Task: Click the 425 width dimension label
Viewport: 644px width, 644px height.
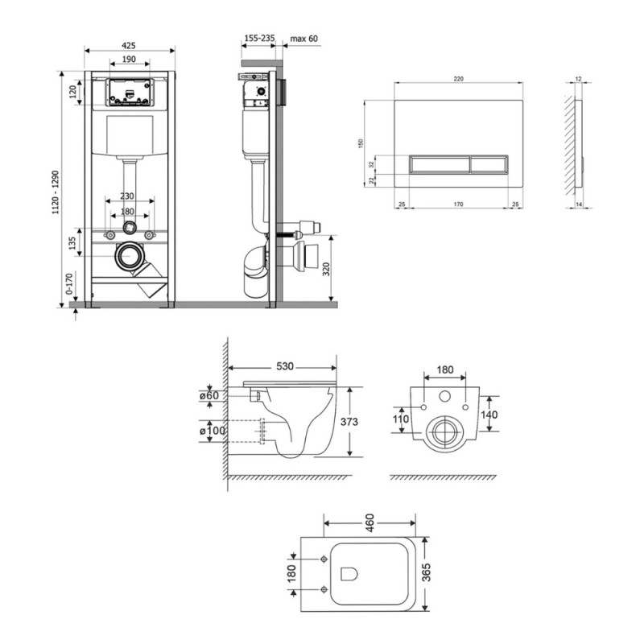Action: pyautogui.click(x=129, y=46)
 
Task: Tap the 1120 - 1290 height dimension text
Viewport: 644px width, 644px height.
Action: pyautogui.click(x=56, y=192)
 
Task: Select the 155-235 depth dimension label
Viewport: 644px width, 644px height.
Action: pyautogui.click(x=259, y=38)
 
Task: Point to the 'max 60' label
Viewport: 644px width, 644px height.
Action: pyautogui.click(x=304, y=39)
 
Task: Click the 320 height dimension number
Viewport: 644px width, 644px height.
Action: pyautogui.click(x=326, y=269)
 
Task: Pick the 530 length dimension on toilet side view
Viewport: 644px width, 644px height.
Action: pyautogui.click(x=285, y=366)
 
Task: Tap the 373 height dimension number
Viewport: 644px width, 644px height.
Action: pyautogui.click(x=349, y=421)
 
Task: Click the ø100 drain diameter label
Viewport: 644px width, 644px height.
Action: pyautogui.click(x=213, y=431)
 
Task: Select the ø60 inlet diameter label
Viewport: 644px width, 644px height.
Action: pyautogui.click(x=209, y=395)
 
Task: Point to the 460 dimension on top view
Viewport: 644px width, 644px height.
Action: pyautogui.click(x=369, y=522)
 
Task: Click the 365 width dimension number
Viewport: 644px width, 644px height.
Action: pyautogui.click(x=427, y=572)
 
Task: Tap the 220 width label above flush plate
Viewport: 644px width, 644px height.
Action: pyautogui.click(x=458, y=79)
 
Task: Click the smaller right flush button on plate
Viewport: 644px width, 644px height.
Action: pyautogui.click(x=489, y=165)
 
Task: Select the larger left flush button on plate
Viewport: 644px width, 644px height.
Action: pyautogui.click(x=440, y=165)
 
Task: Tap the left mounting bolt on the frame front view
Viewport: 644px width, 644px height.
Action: pyautogui.click(x=110, y=235)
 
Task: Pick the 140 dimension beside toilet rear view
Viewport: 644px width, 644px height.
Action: pyautogui.click(x=489, y=415)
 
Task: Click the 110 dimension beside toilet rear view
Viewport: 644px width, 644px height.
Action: pyautogui.click(x=400, y=419)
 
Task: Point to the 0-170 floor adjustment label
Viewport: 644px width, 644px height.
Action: pyautogui.click(x=68, y=283)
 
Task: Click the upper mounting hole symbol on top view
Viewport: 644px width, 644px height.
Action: pyautogui.click(x=324, y=559)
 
